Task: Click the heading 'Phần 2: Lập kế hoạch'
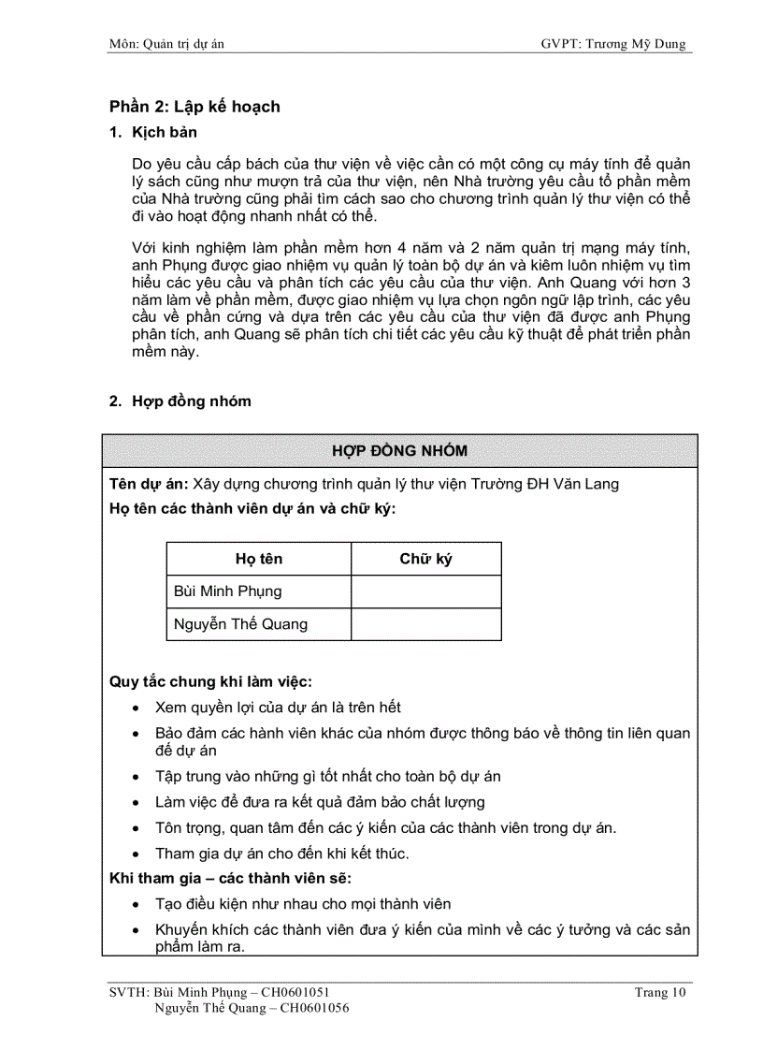194,107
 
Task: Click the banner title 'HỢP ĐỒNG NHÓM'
399,451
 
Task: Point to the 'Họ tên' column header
259,559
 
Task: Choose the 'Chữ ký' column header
425,559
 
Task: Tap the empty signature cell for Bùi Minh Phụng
425,591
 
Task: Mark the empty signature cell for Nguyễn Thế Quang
425,624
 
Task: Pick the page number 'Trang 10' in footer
660,993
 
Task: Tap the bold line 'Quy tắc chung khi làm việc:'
210,681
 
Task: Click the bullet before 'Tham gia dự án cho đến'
138,854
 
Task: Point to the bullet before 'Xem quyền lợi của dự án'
138,708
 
